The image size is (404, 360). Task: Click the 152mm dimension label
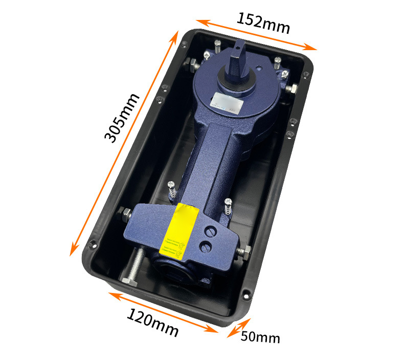[x=263, y=22]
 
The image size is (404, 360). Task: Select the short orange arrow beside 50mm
[x=238, y=328]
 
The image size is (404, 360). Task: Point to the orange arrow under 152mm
[x=256, y=35]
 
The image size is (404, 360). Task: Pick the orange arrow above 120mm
[x=163, y=312]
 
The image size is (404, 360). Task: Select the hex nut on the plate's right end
[x=244, y=252]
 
